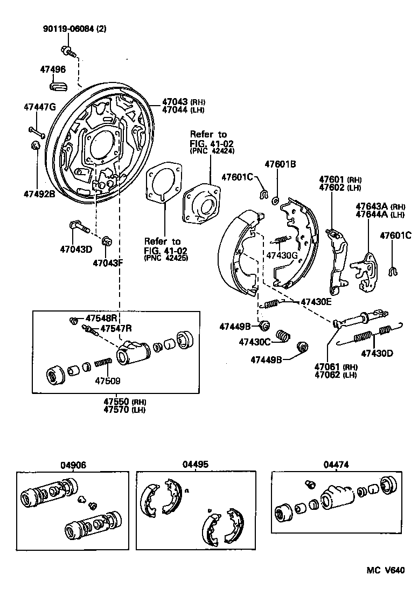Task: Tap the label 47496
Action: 53,69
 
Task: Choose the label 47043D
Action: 76,249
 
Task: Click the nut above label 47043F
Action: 106,239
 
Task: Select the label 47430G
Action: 281,255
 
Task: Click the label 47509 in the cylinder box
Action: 108,380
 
